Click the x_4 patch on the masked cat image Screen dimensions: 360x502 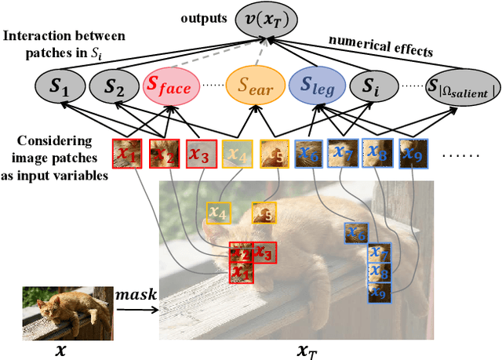coord(219,212)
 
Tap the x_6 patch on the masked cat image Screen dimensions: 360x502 coord(356,233)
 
